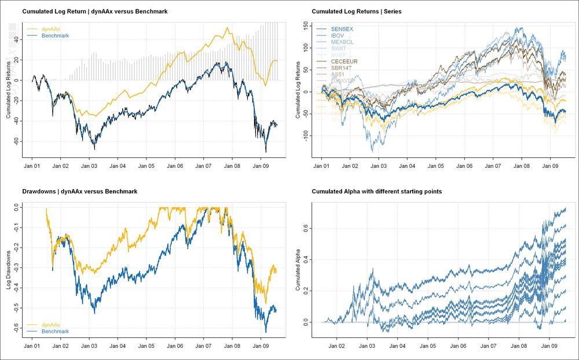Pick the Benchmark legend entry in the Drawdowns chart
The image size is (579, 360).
pyautogui.click(x=56, y=332)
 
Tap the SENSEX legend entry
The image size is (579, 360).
pyautogui.click(x=341, y=28)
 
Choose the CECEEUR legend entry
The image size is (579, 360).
pyautogui.click(x=344, y=61)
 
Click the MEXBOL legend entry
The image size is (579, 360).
pyautogui.click(x=342, y=42)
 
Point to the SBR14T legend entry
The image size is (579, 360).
pyautogui.click(x=342, y=68)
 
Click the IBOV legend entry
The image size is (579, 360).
pyautogui.click(x=338, y=35)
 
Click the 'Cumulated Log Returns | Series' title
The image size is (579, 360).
pyautogui.click(x=356, y=12)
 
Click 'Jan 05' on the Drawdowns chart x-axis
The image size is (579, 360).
pyautogui.click(x=146, y=346)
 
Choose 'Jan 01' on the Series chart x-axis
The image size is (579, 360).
pyautogui.click(x=321, y=166)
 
